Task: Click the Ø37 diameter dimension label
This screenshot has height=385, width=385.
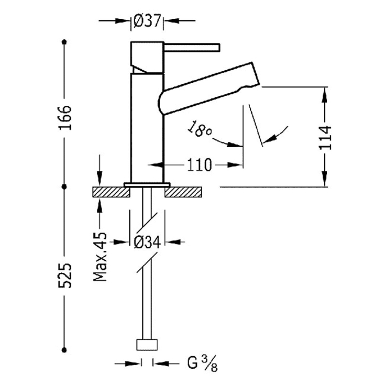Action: click(147, 22)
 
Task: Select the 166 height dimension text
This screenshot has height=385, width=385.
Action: click(66, 115)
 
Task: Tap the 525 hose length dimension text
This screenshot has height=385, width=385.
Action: click(66, 276)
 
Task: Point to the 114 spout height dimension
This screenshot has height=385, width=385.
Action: click(326, 138)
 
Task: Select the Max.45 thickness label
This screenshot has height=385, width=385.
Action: click(100, 258)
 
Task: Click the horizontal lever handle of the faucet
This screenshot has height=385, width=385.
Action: click(192, 47)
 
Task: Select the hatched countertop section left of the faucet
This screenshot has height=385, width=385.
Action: click(111, 192)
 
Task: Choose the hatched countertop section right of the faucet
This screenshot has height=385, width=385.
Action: click(182, 192)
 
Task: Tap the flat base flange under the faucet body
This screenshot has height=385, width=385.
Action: click(147, 184)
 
